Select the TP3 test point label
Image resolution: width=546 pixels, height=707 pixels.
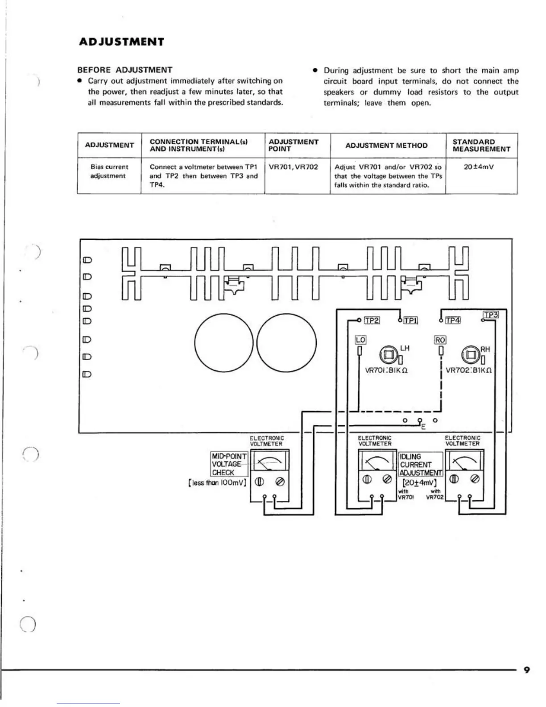click(x=491, y=315)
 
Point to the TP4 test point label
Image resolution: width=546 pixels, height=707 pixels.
click(x=453, y=320)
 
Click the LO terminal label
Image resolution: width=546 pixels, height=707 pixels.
click(x=360, y=340)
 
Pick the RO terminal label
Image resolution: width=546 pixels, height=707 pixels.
click(x=440, y=340)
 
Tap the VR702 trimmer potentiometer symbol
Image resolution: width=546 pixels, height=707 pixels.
click(x=470, y=355)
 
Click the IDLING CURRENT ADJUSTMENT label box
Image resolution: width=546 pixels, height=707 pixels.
click(x=421, y=465)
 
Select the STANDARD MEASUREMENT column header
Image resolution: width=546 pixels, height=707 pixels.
click(x=481, y=146)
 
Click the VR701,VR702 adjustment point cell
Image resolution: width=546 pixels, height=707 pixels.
click(x=294, y=167)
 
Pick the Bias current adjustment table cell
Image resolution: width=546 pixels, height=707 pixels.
click(x=109, y=171)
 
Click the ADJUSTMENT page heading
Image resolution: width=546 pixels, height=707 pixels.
click(x=121, y=42)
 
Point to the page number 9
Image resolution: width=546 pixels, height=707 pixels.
click(x=527, y=670)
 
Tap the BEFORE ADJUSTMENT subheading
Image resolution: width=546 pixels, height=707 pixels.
click(x=125, y=70)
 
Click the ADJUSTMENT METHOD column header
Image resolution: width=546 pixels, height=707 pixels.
click(x=386, y=146)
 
